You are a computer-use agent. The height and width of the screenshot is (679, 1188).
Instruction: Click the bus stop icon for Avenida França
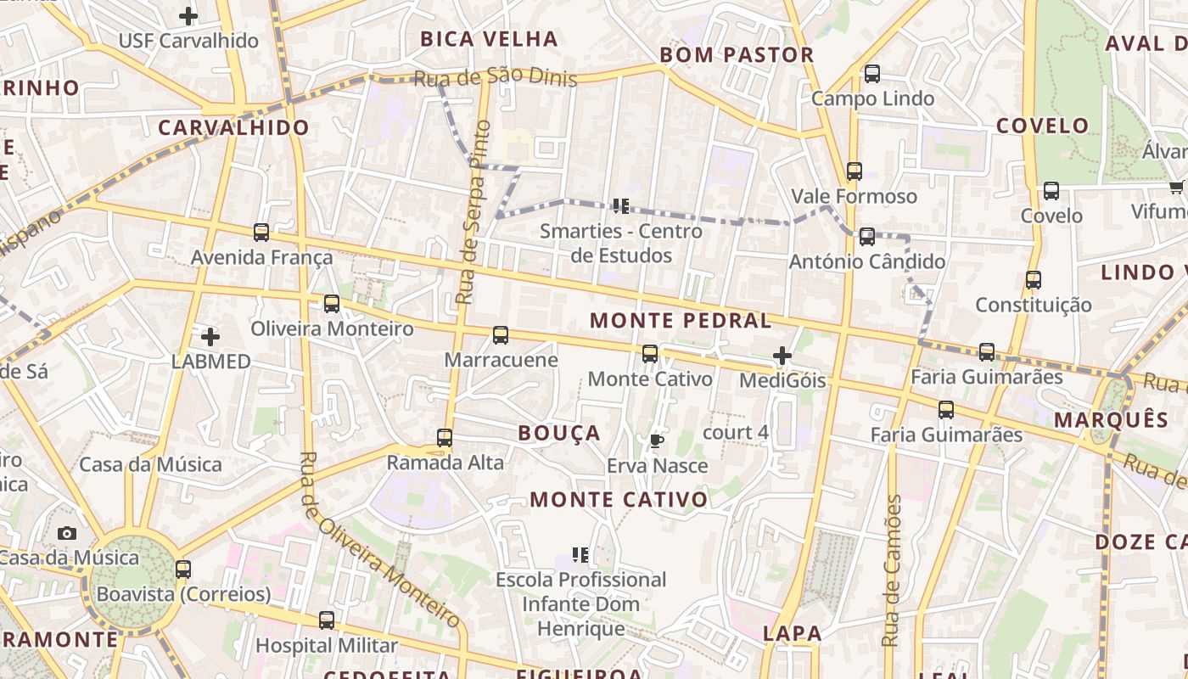point(261,232)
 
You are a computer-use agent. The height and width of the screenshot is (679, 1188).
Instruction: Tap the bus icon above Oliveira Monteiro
point(332,303)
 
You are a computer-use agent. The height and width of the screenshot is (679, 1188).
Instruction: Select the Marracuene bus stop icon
point(501,335)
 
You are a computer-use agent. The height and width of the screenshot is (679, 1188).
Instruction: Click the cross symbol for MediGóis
point(782,356)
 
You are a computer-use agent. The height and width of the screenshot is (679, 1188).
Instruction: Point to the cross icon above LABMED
point(210,337)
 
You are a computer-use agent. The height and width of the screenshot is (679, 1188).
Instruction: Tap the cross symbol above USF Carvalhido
point(188,15)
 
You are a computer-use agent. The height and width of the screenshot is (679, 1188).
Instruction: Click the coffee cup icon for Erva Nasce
point(656,441)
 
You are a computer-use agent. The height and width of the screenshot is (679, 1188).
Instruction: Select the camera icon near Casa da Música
point(67,533)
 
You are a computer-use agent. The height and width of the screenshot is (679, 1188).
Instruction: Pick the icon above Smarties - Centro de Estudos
point(621,206)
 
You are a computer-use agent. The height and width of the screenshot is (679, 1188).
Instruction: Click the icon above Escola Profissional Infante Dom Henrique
point(580,555)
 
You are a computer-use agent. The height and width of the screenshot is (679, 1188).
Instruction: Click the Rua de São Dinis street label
point(495,78)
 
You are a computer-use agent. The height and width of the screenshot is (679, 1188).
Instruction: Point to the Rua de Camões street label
point(891,570)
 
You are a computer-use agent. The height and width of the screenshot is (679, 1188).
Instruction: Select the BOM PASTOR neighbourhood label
point(737,55)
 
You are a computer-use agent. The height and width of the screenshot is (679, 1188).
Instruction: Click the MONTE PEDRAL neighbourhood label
point(681,321)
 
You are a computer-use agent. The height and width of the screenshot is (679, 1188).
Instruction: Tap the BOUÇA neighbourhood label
point(559,434)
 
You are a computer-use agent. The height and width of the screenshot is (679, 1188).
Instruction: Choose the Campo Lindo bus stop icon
point(872,74)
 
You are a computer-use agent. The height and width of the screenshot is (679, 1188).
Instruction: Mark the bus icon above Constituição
point(1033,279)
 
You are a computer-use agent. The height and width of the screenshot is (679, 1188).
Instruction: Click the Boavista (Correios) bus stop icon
point(183,569)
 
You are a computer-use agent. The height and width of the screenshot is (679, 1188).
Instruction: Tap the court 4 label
point(736,432)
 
